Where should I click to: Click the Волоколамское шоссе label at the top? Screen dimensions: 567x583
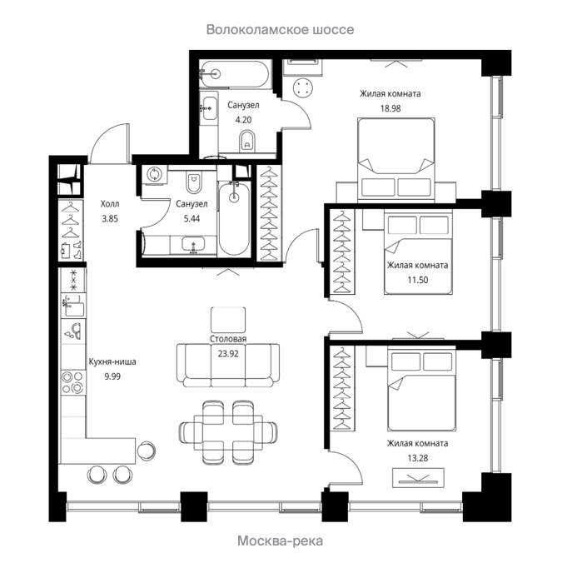click(x=280, y=30)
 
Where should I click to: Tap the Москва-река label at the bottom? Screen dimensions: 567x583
click(x=280, y=541)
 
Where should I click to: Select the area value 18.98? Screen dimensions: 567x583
click(x=390, y=108)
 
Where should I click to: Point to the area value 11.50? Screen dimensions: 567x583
click(x=417, y=280)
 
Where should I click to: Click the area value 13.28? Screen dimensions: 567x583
click(x=417, y=458)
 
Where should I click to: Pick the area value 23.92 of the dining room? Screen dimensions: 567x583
click(x=228, y=354)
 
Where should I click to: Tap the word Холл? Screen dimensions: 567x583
click(x=110, y=204)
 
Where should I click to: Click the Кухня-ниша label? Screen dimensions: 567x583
click(x=112, y=361)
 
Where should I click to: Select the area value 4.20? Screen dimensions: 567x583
click(x=243, y=120)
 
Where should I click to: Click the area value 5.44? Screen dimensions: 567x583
click(x=191, y=218)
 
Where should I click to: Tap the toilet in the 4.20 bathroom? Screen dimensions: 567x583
click(x=247, y=141)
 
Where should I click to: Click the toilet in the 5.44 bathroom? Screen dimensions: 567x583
click(x=194, y=183)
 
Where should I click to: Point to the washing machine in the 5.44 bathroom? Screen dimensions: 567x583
click(x=154, y=174)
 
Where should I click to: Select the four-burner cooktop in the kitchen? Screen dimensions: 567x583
click(x=73, y=382)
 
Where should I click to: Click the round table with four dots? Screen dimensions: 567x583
click(x=302, y=88)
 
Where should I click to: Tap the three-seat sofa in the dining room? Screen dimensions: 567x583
click(x=228, y=365)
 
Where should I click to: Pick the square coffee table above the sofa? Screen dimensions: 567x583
click(x=228, y=320)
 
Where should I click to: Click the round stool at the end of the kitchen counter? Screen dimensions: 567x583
click(x=146, y=451)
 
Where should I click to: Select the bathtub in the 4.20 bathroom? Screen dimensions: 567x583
click(x=233, y=74)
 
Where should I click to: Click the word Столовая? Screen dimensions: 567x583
click(x=228, y=339)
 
